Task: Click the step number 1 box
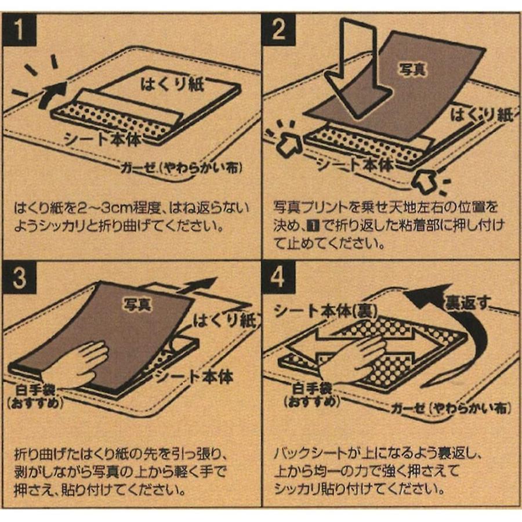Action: [x=19, y=30]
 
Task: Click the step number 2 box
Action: [x=278, y=30]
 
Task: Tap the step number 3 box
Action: [x=19, y=277]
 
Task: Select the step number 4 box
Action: [x=278, y=277]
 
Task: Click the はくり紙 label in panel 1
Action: [x=172, y=84]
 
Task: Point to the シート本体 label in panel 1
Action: [x=103, y=139]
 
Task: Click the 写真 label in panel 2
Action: [x=413, y=69]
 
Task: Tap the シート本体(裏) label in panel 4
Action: [x=325, y=311]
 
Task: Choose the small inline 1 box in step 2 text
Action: [x=314, y=226]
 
